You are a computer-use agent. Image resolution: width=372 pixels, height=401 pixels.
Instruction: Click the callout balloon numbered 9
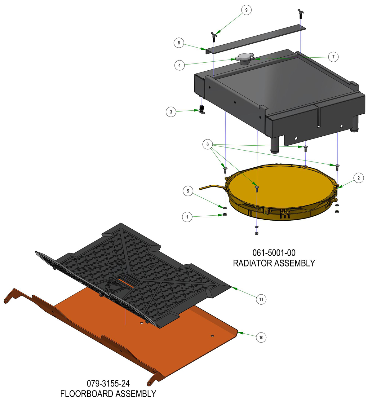point(246,10)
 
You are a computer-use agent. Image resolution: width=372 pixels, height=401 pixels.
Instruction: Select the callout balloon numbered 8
point(179,43)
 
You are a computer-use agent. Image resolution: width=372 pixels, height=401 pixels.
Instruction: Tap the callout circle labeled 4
point(179,65)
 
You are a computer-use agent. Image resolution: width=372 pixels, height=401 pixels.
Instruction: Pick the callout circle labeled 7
point(333,57)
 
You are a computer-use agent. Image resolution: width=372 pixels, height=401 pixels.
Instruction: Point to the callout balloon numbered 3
point(171,112)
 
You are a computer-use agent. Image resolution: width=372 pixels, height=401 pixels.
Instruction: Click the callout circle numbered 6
point(207,144)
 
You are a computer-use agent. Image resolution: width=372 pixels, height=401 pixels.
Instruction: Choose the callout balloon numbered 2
point(358,178)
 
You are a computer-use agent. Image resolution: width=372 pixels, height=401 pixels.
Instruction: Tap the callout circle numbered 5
point(188,191)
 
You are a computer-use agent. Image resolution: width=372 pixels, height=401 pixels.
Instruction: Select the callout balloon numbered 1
point(187,217)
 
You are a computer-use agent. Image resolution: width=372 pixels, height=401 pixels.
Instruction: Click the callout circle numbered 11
point(261,299)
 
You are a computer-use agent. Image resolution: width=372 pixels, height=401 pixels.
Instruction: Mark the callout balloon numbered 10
point(261,337)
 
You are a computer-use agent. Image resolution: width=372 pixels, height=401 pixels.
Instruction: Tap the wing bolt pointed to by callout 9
point(214,37)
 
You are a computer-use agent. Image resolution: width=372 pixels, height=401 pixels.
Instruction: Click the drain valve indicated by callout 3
point(202,109)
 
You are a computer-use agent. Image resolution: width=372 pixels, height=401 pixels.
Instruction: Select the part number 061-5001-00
point(274,253)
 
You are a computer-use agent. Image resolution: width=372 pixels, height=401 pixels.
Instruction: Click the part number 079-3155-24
point(108,383)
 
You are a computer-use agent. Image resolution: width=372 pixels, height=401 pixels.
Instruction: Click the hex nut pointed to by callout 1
point(225,214)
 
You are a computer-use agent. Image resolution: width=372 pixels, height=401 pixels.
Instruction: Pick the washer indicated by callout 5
point(225,208)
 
